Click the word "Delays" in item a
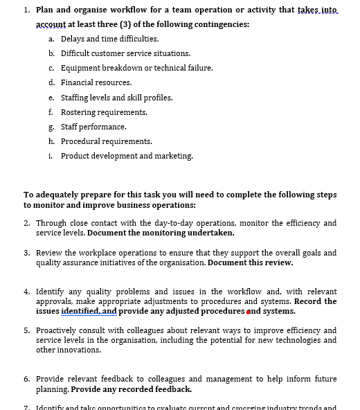click(73, 39)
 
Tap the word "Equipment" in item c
click(80, 68)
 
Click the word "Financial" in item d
click(78, 82)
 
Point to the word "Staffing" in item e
click(75, 98)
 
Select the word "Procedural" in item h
click(80, 141)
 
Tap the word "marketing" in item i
click(174, 156)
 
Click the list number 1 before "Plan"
click(26, 10)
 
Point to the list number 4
click(26, 292)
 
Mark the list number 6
click(26, 379)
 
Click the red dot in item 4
click(249, 312)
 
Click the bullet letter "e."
click(52, 98)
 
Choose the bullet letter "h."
click(52, 141)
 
